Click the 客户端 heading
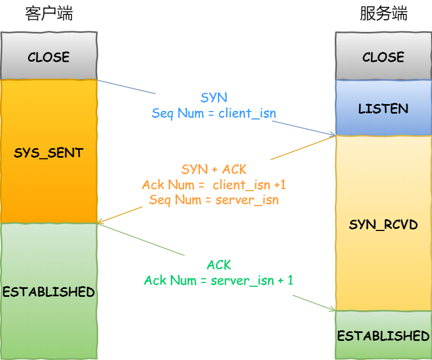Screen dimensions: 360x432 point(49,14)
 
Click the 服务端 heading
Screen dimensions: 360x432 point(383,14)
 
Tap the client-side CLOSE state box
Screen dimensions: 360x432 point(49,57)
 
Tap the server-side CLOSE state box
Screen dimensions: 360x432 point(383,57)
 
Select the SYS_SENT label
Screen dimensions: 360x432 point(49,153)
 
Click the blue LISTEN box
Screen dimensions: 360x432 point(383,109)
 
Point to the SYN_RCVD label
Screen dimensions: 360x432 point(383,225)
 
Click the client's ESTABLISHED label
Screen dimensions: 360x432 point(49,292)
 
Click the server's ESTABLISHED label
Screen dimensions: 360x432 point(383,336)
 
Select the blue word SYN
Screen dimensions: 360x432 point(214,98)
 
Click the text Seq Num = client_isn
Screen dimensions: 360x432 point(214,113)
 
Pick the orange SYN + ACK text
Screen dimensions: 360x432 point(214,169)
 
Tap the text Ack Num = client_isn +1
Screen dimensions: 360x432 point(214,185)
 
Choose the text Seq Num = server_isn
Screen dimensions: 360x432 point(214,200)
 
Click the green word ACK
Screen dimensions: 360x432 point(218,265)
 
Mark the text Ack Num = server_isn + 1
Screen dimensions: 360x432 point(218,280)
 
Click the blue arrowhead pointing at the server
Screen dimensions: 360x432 point(332,134)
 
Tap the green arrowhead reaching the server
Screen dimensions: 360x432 point(332,309)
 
